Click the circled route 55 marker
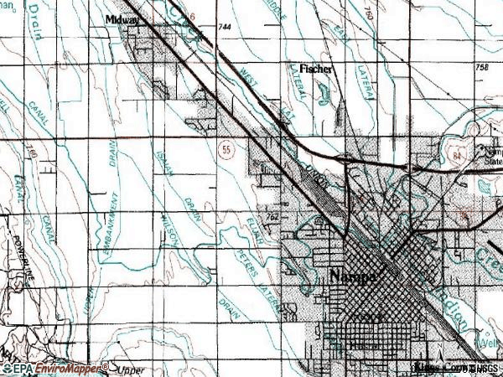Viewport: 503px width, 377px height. click(226, 148)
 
